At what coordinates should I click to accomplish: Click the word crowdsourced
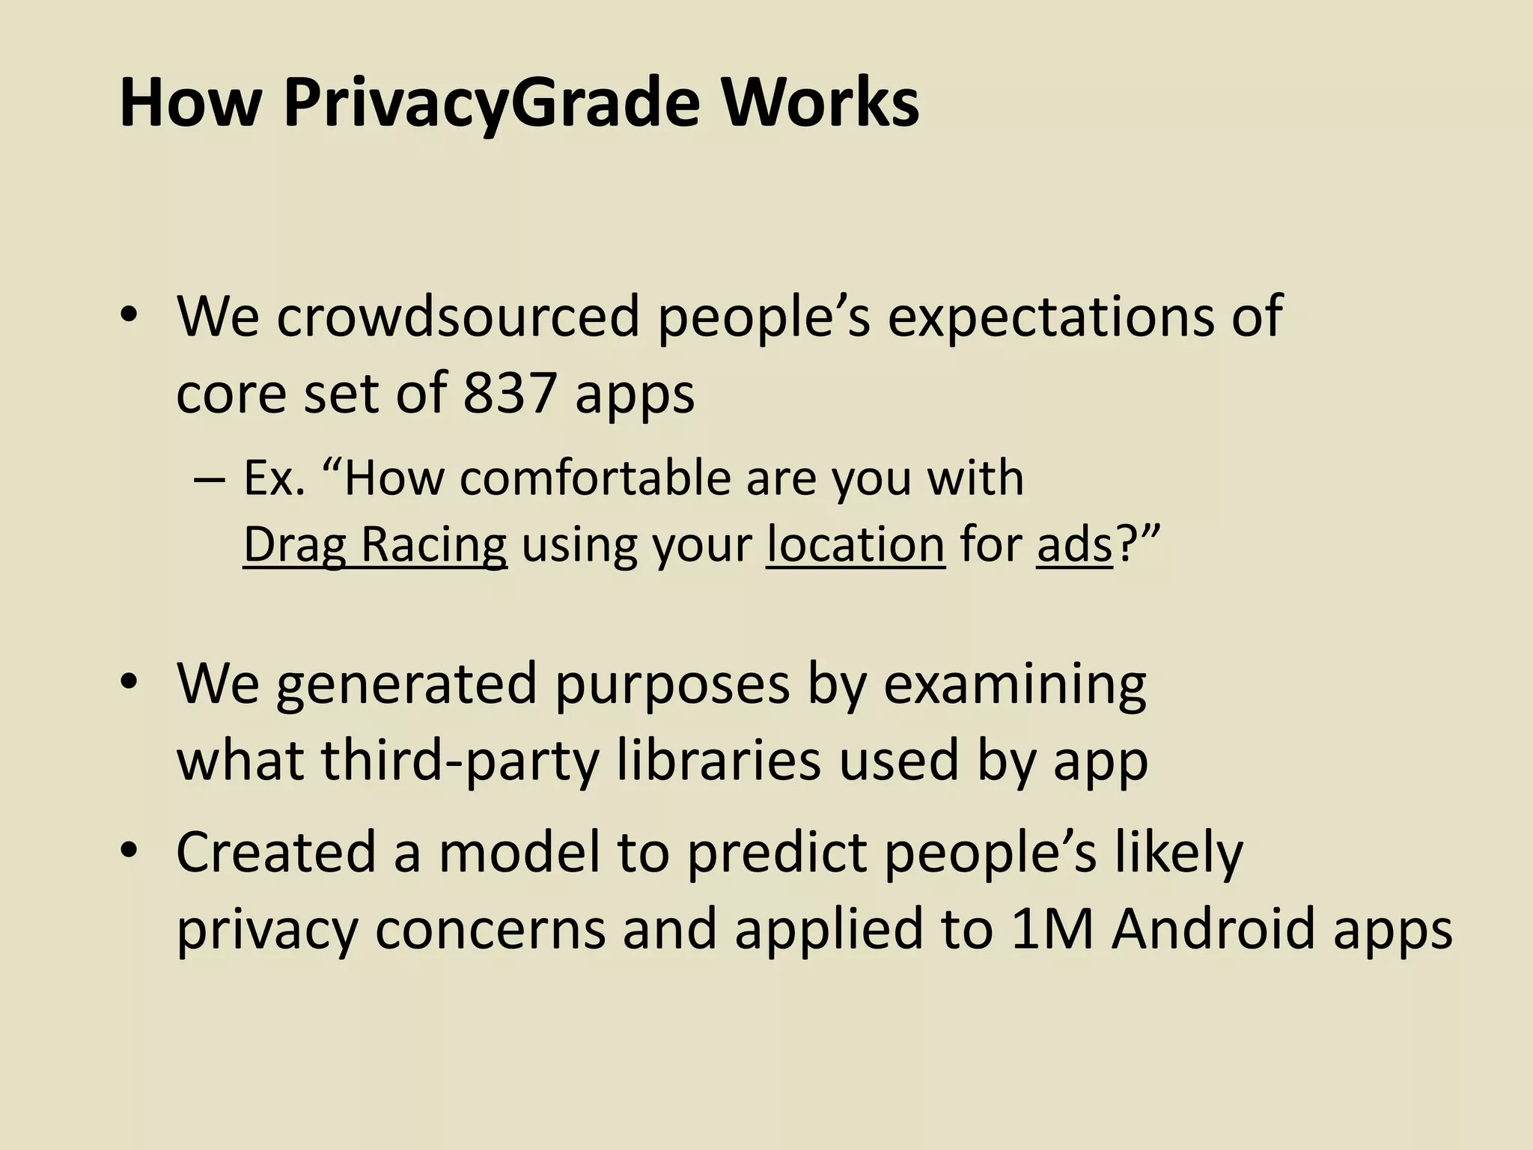[458, 316]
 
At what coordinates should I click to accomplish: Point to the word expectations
[1085, 317]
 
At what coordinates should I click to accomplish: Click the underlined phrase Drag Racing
[375, 544]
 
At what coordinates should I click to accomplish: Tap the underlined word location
[856, 544]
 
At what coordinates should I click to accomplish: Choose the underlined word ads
[1075, 544]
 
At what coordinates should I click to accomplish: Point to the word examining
[1015, 684]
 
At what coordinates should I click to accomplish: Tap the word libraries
[719, 759]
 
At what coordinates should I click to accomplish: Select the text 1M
[1051, 929]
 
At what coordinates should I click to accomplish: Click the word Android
[1213, 929]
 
